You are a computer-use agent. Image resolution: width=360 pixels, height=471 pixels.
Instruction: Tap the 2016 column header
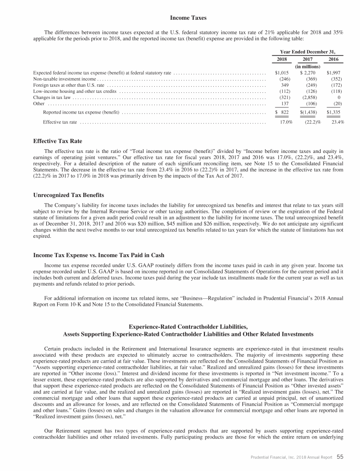(333, 60)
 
